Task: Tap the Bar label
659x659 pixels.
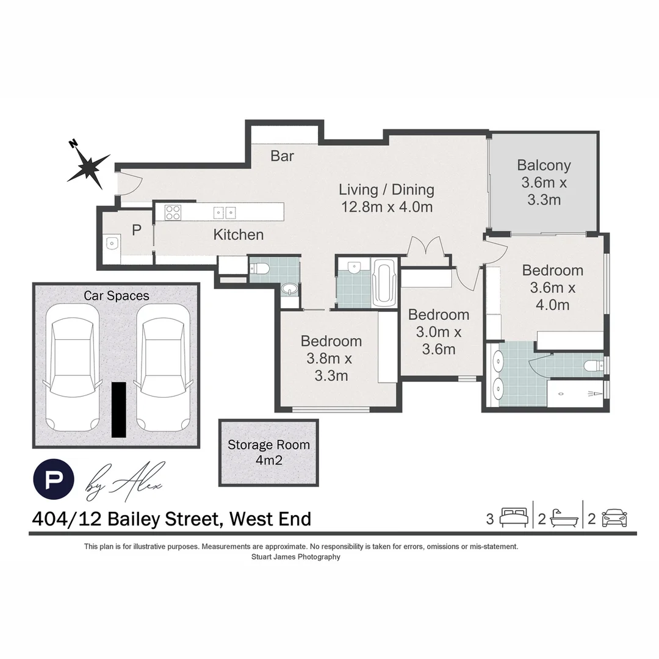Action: click(x=282, y=156)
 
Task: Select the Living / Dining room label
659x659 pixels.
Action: click(x=386, y=198)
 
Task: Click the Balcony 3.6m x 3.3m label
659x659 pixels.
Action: click(x=544, y=182)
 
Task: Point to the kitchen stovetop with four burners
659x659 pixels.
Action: click(x=173, y=212)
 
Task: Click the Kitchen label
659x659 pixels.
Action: click(x=238, y=234)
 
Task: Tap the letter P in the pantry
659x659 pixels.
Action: click(x=136, y=231)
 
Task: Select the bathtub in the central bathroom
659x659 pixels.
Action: click(x=384, y=283)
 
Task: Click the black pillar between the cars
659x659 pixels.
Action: click(x=119, y=409)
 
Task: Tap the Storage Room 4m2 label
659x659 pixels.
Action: click(x=268, y=452)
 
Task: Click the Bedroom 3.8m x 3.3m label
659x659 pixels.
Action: click(x=331, y=358)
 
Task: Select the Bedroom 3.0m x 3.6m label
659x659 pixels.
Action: click(x=439, y=332)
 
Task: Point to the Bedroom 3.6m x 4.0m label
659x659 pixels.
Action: click(x=552, y=287)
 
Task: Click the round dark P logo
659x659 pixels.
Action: click(x=54, y=478)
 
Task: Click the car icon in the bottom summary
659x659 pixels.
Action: click(x=614, y=519)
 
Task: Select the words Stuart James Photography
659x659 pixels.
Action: click(x=295, y=556)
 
